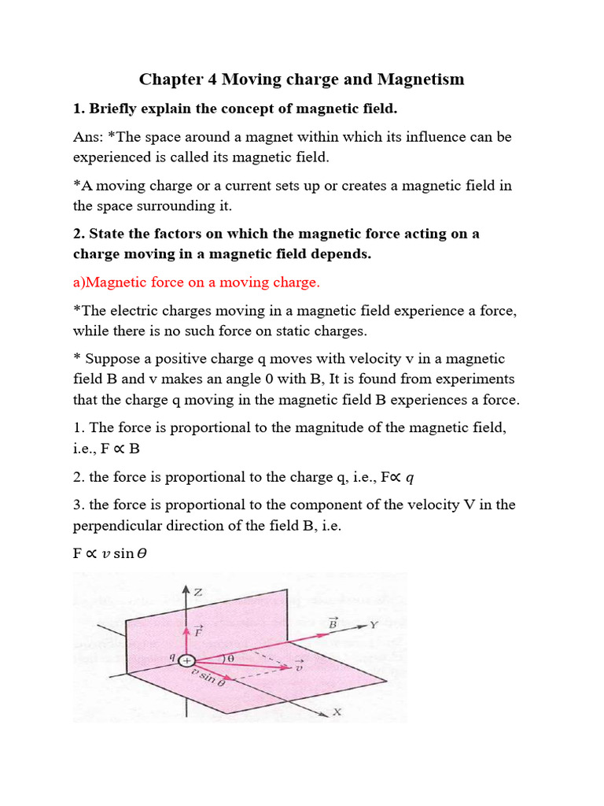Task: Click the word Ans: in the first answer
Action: [90, 136]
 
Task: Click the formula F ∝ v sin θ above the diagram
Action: [110, 553]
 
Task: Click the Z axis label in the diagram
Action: [197, 592]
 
